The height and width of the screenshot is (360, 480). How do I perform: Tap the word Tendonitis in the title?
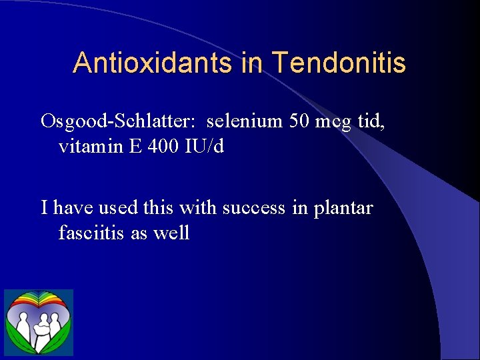point(339,63)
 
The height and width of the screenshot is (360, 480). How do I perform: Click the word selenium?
point(245,121)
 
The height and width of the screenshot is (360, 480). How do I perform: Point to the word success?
point(253,208)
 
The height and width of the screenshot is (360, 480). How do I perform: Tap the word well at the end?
point(173,233)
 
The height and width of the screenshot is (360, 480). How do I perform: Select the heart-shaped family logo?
point(39,323)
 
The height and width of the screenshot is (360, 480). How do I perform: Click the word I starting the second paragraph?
point(44,208)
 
